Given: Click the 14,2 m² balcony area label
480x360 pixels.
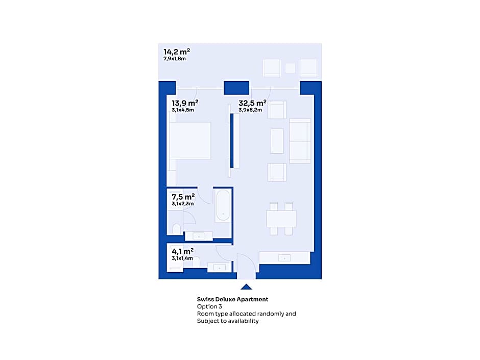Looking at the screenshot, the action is pyautogui.click(x=177, y=52).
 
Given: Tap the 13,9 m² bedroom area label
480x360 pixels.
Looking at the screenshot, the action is pyautogui.click(x=185, y=103).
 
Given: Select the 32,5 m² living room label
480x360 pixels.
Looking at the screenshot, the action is pyautogui.click(x=253, y=103).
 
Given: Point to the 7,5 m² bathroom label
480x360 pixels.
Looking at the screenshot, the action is pyautogui.click(x=183, y=197).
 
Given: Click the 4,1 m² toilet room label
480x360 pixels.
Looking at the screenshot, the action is pyautogui.click(x=182, y=251).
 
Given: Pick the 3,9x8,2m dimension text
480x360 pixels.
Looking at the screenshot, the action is pyautogui.click(x=250, y=110).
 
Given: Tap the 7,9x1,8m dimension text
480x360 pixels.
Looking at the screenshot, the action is pyautogui.click(x=175, y=59).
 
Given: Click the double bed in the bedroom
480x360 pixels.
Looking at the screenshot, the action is pyautogui.click(x=190, y=140).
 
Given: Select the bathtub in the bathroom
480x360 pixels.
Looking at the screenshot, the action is pyautogui.click(x=223, y=205).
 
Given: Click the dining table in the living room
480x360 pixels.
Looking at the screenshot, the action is pyautogui.click(x=281, y=219).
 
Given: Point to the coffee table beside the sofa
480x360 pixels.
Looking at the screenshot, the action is pyautogui.click(x=277, y=141).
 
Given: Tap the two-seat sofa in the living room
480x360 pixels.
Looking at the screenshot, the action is pyautogui.click(x=300, y=141).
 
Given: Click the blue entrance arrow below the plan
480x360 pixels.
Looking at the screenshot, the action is pyautogui.click(x=247, y=287).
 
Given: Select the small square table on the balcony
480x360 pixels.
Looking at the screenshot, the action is pyautogui.click(x=290, y=68).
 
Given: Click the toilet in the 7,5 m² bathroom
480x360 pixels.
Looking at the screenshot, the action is pyautogui.click(x=177, y=229).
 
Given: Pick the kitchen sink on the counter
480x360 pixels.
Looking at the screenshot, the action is pyautogui.click(x=284, y=258).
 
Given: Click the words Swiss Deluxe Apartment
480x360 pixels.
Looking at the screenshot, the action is pyautogui.click(x=233, y=299).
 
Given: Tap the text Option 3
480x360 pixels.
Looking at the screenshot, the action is pyautogui.click(x=209, y=306).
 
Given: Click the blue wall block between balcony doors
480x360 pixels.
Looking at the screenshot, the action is pyautogui.click(x=236, y=88).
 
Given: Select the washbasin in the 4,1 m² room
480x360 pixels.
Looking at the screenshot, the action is pyautogui.click(x=219, y=268).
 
